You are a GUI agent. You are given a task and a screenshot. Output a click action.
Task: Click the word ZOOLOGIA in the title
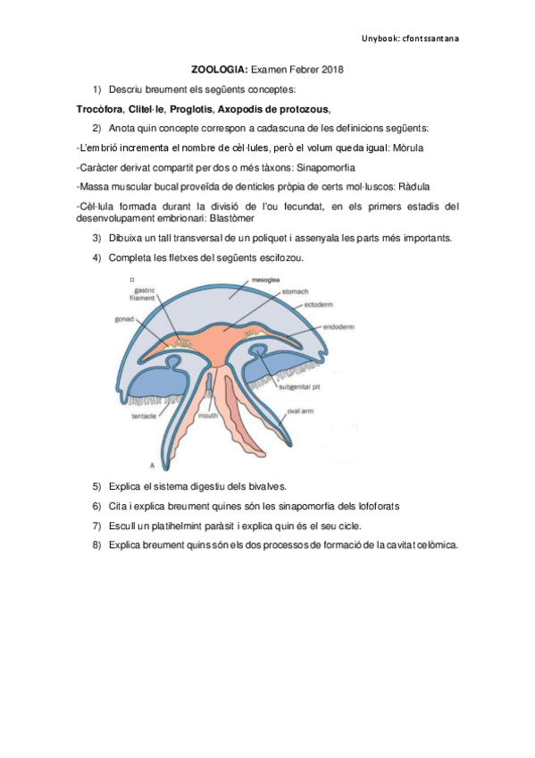(220, 69)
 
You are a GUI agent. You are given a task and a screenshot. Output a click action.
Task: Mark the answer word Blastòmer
(237, 217)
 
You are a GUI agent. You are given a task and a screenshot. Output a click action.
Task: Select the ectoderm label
(319, 304)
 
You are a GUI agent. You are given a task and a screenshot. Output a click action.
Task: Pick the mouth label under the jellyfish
(209, 417)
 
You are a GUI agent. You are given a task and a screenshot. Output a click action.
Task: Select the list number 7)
(96, 525)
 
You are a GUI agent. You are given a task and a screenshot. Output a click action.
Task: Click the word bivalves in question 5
(263, 487)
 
